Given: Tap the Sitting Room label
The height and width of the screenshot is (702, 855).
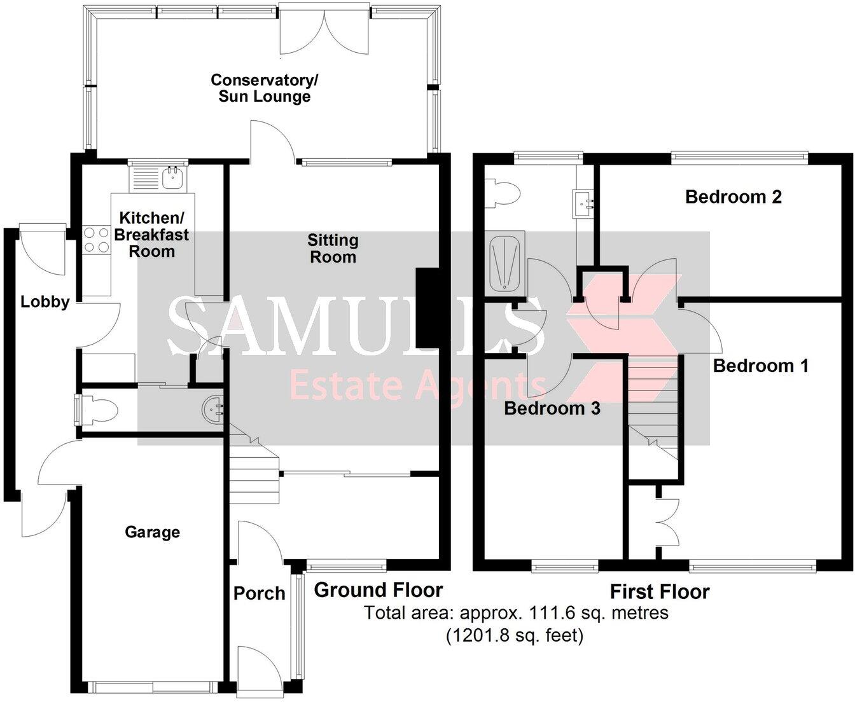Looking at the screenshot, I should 333,249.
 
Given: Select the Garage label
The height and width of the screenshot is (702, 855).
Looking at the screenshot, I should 152,532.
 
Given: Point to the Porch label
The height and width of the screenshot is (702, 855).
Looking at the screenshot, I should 259,593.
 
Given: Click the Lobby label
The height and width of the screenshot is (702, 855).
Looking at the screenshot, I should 45,301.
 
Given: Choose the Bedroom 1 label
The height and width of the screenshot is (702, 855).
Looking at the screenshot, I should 760,366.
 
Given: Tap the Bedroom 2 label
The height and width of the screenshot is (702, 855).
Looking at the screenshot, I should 733,196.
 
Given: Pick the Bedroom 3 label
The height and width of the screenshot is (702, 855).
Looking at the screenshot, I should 552,408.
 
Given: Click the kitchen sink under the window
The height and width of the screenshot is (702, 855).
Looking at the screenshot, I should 172,179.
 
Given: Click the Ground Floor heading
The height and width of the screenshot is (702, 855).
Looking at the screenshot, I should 378,590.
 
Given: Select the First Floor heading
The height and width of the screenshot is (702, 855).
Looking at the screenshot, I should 659,592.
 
